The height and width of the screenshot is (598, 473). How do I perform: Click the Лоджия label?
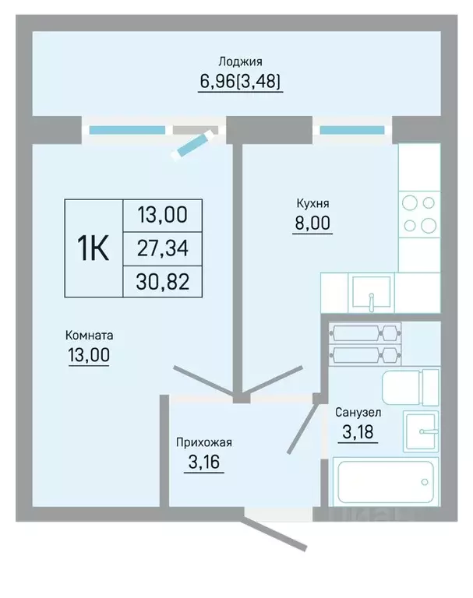pyautogui.click(x=240, y=62)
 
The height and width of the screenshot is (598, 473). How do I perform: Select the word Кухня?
pyautogui.click(x=312, y=204)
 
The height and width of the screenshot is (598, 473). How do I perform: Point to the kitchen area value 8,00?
pyautogui.click(x=312, y=223)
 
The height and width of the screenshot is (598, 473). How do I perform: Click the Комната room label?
pyautogui.click(x=90, y=336)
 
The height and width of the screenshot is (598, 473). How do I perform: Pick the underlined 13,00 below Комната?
pyautogui.click(x=89, y=355)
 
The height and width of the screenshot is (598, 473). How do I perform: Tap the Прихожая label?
pyautogui.click(x=204, y=442)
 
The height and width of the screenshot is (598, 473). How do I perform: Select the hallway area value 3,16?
pyautogui.click(x=204, y=463)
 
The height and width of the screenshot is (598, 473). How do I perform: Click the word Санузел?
pyautogui.click(x=358, y=412)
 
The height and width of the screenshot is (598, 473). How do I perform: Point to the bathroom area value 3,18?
pyautogui.click(x=358, y=432)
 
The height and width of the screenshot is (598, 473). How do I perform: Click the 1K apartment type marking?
pyautogui.click(x=94, y=248)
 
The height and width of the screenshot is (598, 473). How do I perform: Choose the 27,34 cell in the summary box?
pyautogui.click(x=163, y=248)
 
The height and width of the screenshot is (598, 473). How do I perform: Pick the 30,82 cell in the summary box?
pyautogui.click(x=163, y=282)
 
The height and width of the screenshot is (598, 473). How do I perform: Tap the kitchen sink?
pyautogui.click(x=371, y=293)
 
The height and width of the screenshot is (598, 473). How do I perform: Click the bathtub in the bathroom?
pyautogui.click(x=386, y=482)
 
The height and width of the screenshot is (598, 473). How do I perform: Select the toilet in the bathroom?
pyautogui.click(x=411, y=388)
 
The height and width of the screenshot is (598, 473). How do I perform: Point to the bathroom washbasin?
pyautogui.click(x=421, y=431)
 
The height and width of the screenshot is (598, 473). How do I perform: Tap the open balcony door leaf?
pyautogui.click(x=192, y=145)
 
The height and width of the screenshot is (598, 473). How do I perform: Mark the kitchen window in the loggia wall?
pyautogui.click(x=352, y=131)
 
